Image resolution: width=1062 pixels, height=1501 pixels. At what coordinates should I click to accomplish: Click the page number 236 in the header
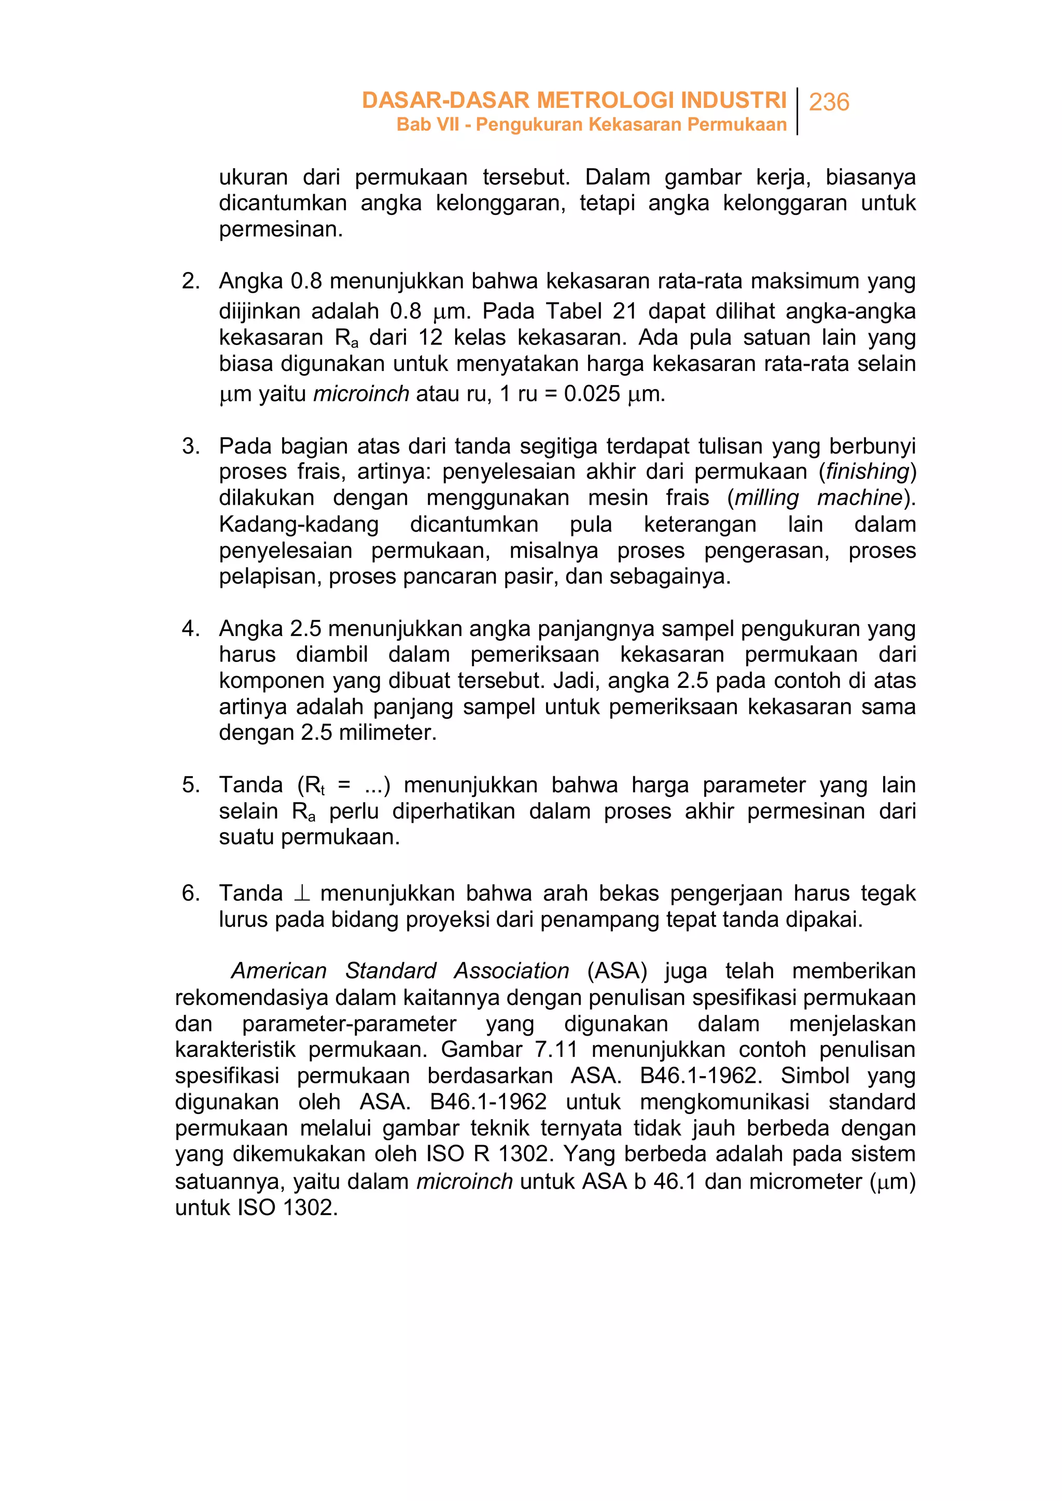click(829, 102)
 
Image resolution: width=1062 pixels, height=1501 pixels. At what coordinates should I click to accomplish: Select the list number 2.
click(190, 281)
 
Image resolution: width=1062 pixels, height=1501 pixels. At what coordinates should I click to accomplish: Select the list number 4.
click(190, 628)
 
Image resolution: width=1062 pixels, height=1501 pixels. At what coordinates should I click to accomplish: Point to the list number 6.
click(190, 892)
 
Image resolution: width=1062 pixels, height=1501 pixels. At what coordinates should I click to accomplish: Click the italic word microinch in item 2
click(361, 393)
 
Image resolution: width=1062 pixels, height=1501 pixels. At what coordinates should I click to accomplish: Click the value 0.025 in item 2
click(592, 393)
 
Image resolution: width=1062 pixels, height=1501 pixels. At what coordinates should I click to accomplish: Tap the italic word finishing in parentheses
click(867, 471)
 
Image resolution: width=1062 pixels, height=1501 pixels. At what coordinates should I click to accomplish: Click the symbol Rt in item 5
click(315, 785)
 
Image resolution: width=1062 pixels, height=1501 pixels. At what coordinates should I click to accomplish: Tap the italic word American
click(278, 971)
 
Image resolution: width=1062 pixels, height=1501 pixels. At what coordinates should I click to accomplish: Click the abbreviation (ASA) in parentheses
click(617, 971)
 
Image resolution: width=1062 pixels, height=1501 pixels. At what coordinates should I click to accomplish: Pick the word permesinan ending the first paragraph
click(280, 229)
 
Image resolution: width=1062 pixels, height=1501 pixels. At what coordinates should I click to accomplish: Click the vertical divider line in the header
click(797, 111)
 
